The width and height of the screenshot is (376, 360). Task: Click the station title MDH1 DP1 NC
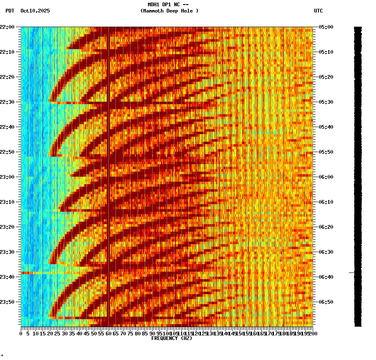click(x=165, y=5)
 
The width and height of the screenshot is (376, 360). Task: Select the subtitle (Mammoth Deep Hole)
click(x=169, y=11)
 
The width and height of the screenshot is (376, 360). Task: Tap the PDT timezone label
click(x=10, y=11)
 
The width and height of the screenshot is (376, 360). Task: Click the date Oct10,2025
click(x=35, y=11)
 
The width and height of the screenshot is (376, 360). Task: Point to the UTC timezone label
click(x=318, y=11)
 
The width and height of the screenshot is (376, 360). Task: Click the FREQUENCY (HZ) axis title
click(x=172, y=338)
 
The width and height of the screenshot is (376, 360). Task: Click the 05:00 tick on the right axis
click(x=325, y=27)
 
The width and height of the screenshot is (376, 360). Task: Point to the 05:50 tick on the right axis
click(x=325, y=152)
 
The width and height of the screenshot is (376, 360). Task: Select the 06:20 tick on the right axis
click(x=325, y=227)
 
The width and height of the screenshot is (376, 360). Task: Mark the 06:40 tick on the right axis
click(x=325, y=277)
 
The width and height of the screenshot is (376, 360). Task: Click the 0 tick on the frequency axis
click(x=21, y=333)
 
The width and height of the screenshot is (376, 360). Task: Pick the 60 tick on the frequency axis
click(x=108, y=333)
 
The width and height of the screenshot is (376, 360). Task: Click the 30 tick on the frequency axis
click(x=65, y=333)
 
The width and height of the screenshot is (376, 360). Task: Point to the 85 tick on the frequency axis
click(x=145, y=333)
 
